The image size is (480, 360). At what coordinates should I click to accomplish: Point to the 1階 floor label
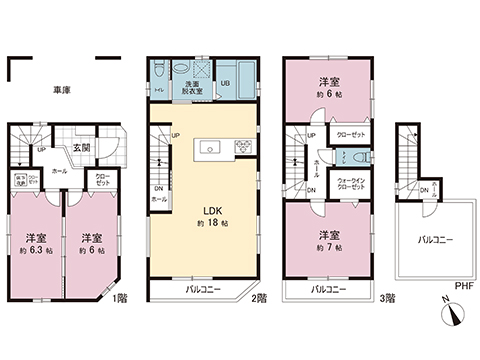121,298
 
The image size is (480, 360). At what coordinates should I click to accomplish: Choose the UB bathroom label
224,84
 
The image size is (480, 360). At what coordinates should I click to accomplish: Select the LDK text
213,210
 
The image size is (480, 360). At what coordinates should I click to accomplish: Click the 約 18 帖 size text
213,224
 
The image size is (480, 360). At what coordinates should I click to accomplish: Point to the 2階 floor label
259,298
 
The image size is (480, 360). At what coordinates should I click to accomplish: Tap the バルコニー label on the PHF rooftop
436,240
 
